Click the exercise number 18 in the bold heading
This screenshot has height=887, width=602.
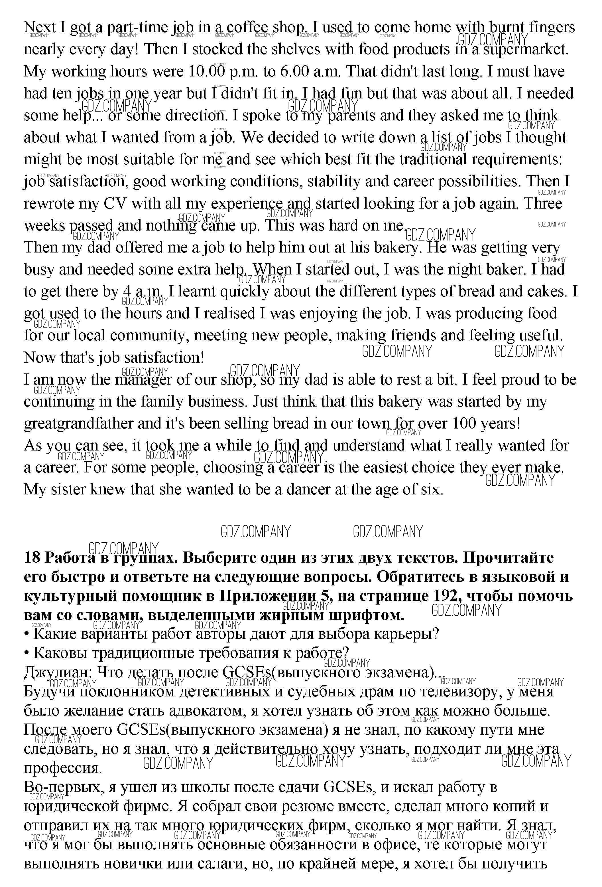[x=32, y=558]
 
